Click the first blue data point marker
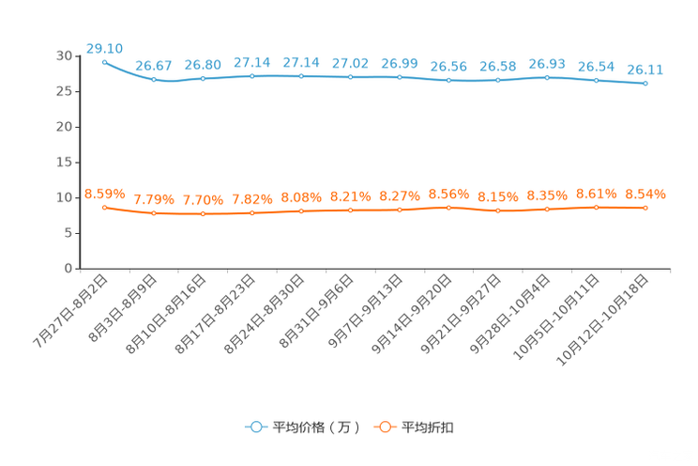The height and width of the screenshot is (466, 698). pos(104,61)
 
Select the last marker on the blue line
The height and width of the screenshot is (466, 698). pos(645,84)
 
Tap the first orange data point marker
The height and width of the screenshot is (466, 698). pos(104,207)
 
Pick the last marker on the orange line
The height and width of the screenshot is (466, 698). pos(645,208)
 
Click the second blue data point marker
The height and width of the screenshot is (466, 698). pos(154,80)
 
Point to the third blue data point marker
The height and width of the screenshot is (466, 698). pos(203,78)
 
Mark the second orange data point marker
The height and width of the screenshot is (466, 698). pos(154,213)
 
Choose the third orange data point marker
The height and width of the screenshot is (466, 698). pos(203,214)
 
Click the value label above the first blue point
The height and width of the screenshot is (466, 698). pos(104,47)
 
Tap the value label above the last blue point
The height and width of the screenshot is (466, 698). pos(645,69)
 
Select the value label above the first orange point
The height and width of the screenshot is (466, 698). pos(104,193)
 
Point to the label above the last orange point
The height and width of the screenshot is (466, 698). pos(645,194)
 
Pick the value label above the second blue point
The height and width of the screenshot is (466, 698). pos(154,65)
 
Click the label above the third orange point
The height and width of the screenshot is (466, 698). pos(203,200)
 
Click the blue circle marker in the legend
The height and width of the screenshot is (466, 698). pos(255,427)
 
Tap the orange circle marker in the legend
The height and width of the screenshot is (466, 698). pos(384,427)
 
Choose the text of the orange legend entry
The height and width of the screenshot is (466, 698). pos(429,427)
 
